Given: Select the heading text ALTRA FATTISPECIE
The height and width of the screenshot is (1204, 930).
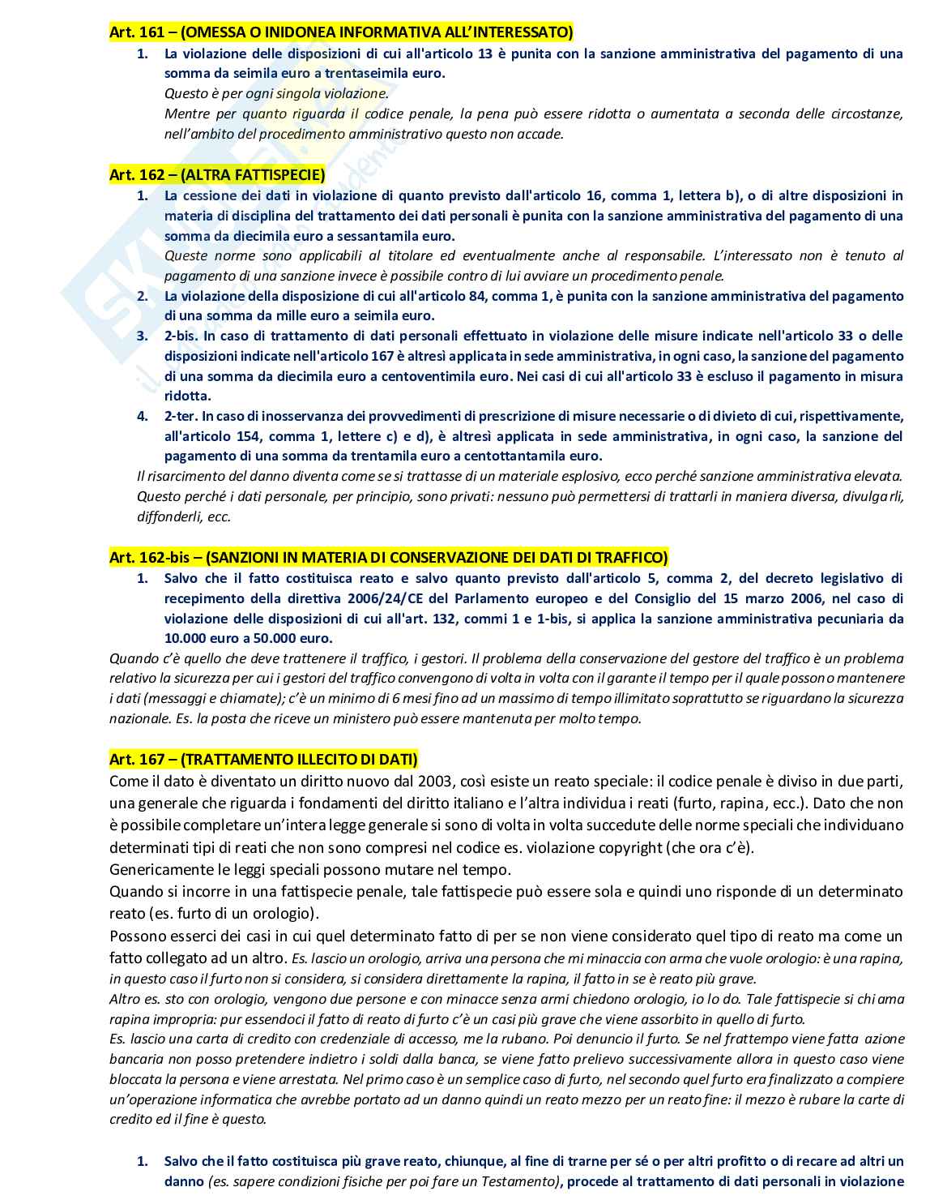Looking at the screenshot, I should (253, 175).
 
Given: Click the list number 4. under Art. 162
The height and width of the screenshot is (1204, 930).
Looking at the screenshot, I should (143, 417).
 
